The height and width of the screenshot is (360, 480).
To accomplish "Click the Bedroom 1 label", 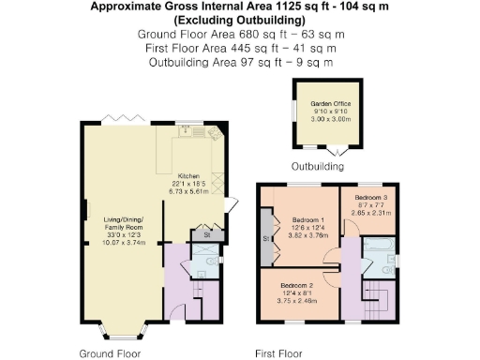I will [303, 218].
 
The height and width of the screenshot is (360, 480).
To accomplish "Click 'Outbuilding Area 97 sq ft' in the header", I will [241, 62].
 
